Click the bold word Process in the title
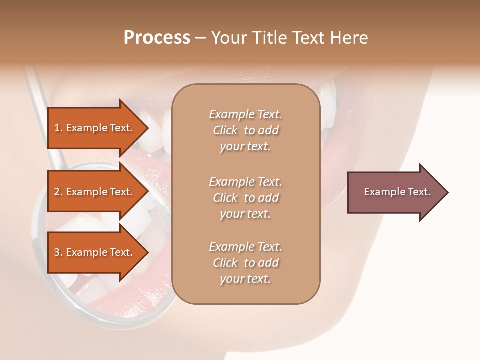(157, 38)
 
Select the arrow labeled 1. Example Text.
(95, 128)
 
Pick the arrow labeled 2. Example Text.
(95, 192)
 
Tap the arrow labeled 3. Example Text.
(95, 252)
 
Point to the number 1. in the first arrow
(58, 128)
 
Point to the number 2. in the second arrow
(58, 192)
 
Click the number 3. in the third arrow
(58, 252)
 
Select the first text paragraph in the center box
(245, 130)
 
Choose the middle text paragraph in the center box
(245, 198)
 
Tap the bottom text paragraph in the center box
(245, 263)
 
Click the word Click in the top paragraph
(225, 130)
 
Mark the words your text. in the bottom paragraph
(245, 279)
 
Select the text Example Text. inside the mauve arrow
(397, 192)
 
